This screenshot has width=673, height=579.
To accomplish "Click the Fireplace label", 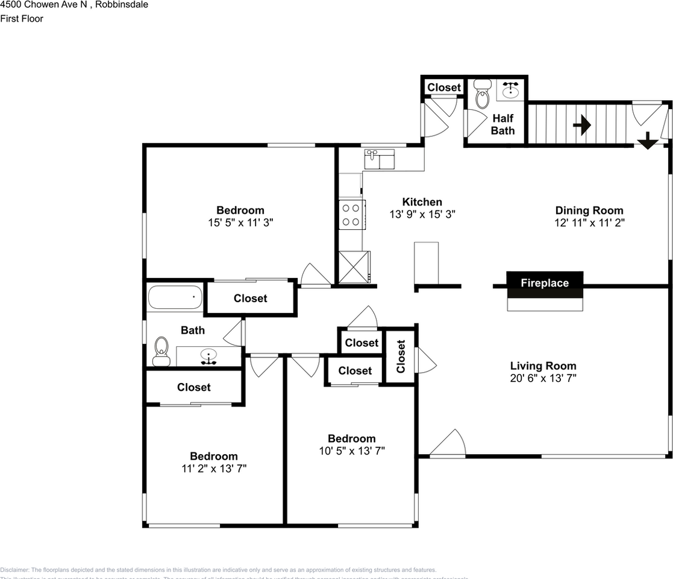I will point(544,283).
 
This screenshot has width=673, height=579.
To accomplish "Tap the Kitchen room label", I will point(422,202).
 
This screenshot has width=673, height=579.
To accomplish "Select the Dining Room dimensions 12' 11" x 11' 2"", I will point(589,223).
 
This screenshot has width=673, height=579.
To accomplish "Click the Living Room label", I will point(543,365).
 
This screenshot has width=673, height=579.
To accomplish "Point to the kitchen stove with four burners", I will point(351,215).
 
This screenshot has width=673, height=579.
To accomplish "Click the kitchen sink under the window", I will point(379,159).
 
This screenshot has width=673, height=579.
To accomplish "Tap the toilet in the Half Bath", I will point(482,96).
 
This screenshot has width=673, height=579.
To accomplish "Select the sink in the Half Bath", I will point(512,90).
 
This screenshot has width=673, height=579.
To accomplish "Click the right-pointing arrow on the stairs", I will point(581,125).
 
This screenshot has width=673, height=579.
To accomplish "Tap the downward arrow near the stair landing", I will point(647,141).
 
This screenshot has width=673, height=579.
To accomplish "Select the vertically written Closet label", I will point(401,356).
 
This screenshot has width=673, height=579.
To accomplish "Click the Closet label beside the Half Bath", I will point(443,87).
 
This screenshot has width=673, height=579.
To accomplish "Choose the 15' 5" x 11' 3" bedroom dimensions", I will point(240,222).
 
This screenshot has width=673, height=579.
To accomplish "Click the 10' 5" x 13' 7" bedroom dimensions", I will point(351,451).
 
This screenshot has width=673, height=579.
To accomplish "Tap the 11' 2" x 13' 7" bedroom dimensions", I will point(213,468).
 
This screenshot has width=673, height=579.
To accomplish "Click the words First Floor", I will point(22,18).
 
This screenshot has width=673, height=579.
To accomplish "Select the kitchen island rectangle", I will point(427,262).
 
